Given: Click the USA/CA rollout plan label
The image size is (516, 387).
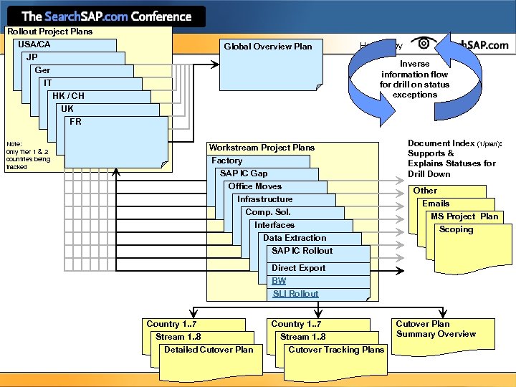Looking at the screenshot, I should coord(34,44).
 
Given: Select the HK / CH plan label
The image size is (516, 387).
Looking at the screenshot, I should coord(68,96).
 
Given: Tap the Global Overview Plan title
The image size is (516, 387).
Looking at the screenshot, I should coord(268,47).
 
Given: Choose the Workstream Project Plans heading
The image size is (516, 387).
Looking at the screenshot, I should coord(262,148).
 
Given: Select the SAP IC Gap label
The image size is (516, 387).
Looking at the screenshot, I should coord(244,173).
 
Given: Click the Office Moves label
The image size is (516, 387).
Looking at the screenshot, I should coord(255,186).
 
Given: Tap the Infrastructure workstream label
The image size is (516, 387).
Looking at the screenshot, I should coord(265,199).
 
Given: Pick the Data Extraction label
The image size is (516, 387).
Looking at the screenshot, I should coord(294,238).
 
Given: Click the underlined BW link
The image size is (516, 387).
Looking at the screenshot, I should coord(279,281).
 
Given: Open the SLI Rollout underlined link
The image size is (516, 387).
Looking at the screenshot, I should coord(295,294).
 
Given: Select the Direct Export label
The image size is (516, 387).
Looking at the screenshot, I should coord(298,268).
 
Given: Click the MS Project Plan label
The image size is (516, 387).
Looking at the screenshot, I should coord(464,216).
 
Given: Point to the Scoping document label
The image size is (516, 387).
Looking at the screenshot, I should coord(456,229).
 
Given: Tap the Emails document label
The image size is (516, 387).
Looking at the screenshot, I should coord(436,204).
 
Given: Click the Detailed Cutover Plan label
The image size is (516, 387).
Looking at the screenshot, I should coord(209,350).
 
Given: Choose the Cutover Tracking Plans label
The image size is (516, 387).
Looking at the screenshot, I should coord(336,350).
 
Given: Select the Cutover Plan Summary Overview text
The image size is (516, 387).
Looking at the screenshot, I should coord(436,329).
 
